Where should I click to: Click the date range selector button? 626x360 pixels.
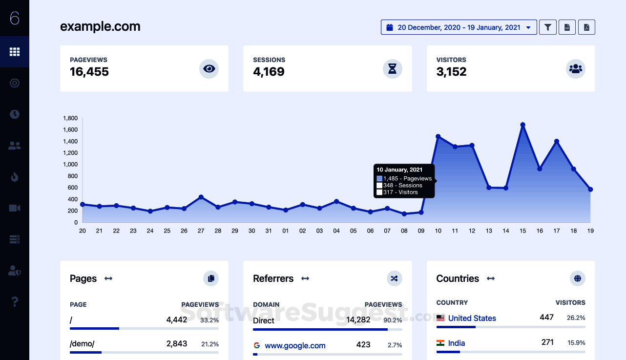(x=459, y=27)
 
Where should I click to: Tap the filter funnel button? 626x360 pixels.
(x=548, y=27)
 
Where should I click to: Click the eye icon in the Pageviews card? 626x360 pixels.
(x=209, y=69)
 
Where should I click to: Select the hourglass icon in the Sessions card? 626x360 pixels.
(x=392, y=69)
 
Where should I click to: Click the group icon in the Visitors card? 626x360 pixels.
(x=576, y=69)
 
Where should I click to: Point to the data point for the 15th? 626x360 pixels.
(x=523, y=125)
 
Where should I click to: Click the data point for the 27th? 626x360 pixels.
(x=201, y=197)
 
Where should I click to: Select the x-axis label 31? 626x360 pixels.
(x=269, y=231)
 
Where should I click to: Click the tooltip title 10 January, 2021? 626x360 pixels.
(x=399, y=169)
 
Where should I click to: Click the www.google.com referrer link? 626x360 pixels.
(x=295, y=345)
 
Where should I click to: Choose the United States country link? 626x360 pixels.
(x=472, y=318)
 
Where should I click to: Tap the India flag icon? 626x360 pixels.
(x=440, y=343)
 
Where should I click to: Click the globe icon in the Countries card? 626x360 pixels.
(x=578, y=278)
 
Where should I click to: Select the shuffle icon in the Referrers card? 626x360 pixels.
(x=395, y=278)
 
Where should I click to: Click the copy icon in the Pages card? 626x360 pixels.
(x=211, y=278)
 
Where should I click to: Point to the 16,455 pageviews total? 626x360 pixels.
(x=89, y=72)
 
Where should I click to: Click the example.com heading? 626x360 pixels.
(x=100, y=26)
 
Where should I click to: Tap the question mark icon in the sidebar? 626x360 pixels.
(x=15, y=301)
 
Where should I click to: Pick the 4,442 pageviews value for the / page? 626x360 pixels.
(x=177, y=320)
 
